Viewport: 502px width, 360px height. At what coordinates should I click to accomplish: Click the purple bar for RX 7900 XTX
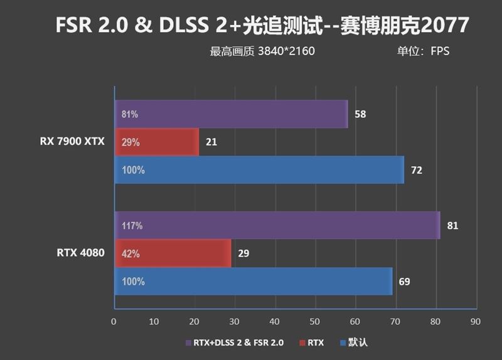pos(231,114)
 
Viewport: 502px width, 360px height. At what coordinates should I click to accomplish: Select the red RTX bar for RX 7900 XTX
pos(156,142)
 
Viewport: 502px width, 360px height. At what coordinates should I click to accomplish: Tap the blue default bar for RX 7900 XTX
pos(259,170)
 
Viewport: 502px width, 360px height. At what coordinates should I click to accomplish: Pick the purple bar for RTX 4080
pos(277,225)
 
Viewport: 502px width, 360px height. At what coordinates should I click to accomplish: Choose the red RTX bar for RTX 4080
pos(173,254)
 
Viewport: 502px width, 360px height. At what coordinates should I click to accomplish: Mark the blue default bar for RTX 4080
pos(253,282)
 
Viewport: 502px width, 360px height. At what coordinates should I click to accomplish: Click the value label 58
pos(360,114)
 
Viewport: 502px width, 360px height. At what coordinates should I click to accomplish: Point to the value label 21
pos(211,142)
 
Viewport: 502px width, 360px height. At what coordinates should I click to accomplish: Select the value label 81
pos(452,226)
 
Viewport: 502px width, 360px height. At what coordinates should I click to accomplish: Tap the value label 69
pos(404,282)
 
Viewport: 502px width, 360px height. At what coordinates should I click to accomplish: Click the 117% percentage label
pos(132,226)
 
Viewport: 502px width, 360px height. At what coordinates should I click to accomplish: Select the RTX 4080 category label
pos(79,253)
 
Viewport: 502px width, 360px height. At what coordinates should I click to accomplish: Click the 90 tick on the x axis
pos(475,322)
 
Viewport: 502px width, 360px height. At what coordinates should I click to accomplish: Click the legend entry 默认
pos(357,342)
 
